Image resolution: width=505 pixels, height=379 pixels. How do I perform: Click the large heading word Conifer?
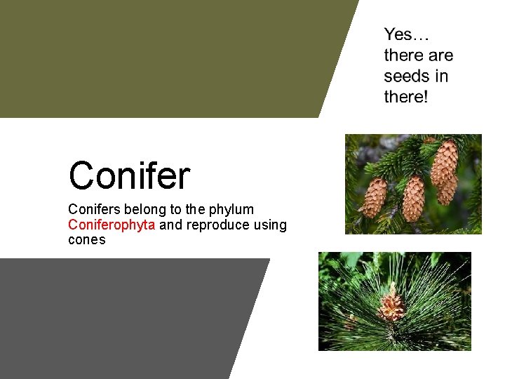129,175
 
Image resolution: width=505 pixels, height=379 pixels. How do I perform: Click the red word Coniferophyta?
112,225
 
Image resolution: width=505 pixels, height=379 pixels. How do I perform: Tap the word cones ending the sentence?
86,240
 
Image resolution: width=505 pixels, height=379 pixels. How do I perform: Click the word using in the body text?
270,225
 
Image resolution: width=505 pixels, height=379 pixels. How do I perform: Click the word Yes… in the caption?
407,34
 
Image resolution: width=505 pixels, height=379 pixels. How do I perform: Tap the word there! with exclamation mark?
405,97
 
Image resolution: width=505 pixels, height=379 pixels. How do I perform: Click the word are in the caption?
438,55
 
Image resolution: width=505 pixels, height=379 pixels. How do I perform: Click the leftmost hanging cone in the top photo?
374,197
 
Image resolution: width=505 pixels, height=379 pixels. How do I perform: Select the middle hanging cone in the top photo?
413,197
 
